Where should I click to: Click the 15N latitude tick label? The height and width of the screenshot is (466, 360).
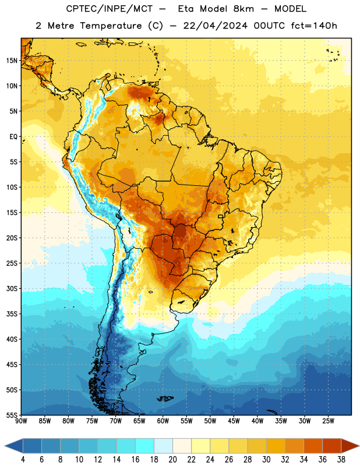pyautogui.click(x=12, y=61)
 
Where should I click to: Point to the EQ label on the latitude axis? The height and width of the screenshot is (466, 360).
pyautogui.click(x=13, y=137)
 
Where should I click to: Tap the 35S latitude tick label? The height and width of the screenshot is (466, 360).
pyautogui.click(x=12, y=314)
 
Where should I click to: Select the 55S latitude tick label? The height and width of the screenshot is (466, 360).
pyautogui.click(x=12, y=415)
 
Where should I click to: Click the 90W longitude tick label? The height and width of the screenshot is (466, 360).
pyautogui.click(x=21, y=421)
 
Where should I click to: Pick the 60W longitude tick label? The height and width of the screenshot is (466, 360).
pyautogui.click(x=163, y=421)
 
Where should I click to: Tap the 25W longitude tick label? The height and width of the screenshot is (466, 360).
pyautogui.click(x=328, y=421)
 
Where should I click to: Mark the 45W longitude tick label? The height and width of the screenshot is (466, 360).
pyautogui.click(x=234, y=421)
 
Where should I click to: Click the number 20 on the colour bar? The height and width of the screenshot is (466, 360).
pyautogui.click(x=172, y=460)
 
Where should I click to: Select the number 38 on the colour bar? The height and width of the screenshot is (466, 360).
pyautogui.click(x=341, y=460)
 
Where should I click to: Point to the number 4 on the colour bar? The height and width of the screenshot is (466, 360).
pyautogui.click(x=23, y=460)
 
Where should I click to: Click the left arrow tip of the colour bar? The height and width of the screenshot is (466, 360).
pyautogui.click(x=5, y=446)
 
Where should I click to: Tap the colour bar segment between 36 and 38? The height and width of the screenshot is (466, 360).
pyautogui.click(x=332, y=446)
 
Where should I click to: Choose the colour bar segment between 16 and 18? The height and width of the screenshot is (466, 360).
pyautogui.click(x=144, y=446)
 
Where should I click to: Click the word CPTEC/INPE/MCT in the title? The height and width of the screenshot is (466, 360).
pyautogui.click(x=109, y=9)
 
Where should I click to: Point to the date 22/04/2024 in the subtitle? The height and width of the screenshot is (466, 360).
pyautogui.click(x=215, y=26)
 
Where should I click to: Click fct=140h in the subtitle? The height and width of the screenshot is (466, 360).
pyautogui.click(x=314, y=26)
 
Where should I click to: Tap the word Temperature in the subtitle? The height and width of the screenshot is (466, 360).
pyautogui.click(x=111, y=26)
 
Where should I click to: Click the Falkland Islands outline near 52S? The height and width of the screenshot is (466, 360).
pyautogui.click(x=165, y=398)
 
